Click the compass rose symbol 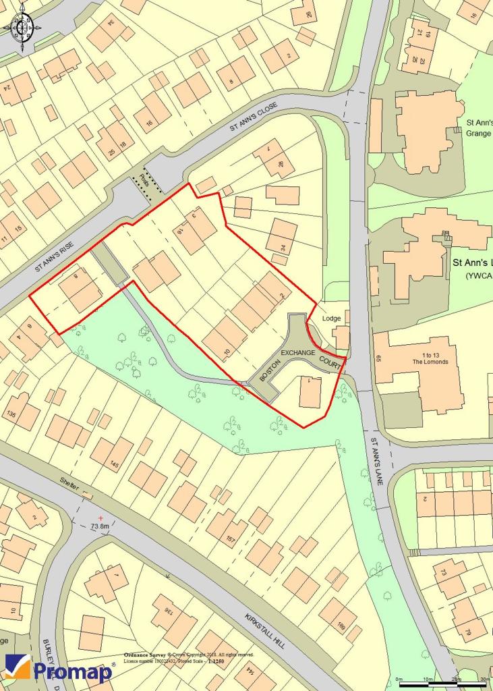pyautogui.click(x=22, y=28)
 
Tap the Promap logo pyautogui.click(x=59, y=669)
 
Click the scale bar pyautogui.click(x=441, y=684)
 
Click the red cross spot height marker pyautogui.click(x=100, y=517)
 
